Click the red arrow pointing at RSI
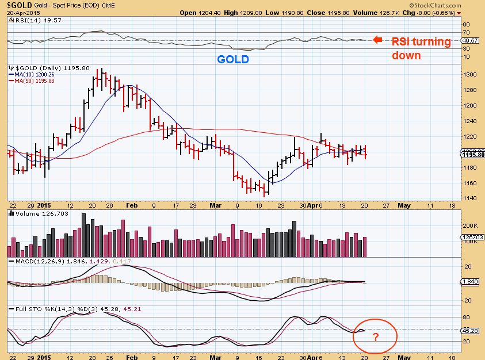(377, 40)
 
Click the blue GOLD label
(233, 59)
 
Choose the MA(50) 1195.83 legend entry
(32, 81)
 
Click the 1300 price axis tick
(471, 75)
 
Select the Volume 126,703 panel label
(33, 213)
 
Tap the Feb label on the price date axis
(131, 205)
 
